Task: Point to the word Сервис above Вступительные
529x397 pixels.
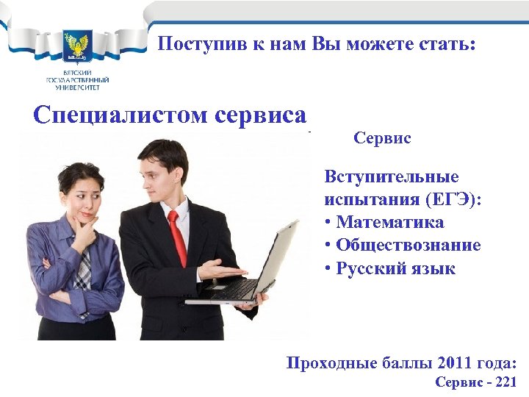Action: [x=382, y=138]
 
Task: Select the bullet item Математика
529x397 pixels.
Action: [x=390, y=222]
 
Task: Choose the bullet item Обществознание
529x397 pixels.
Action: [x=409, y=245]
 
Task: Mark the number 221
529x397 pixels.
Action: [x=505, y=382]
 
